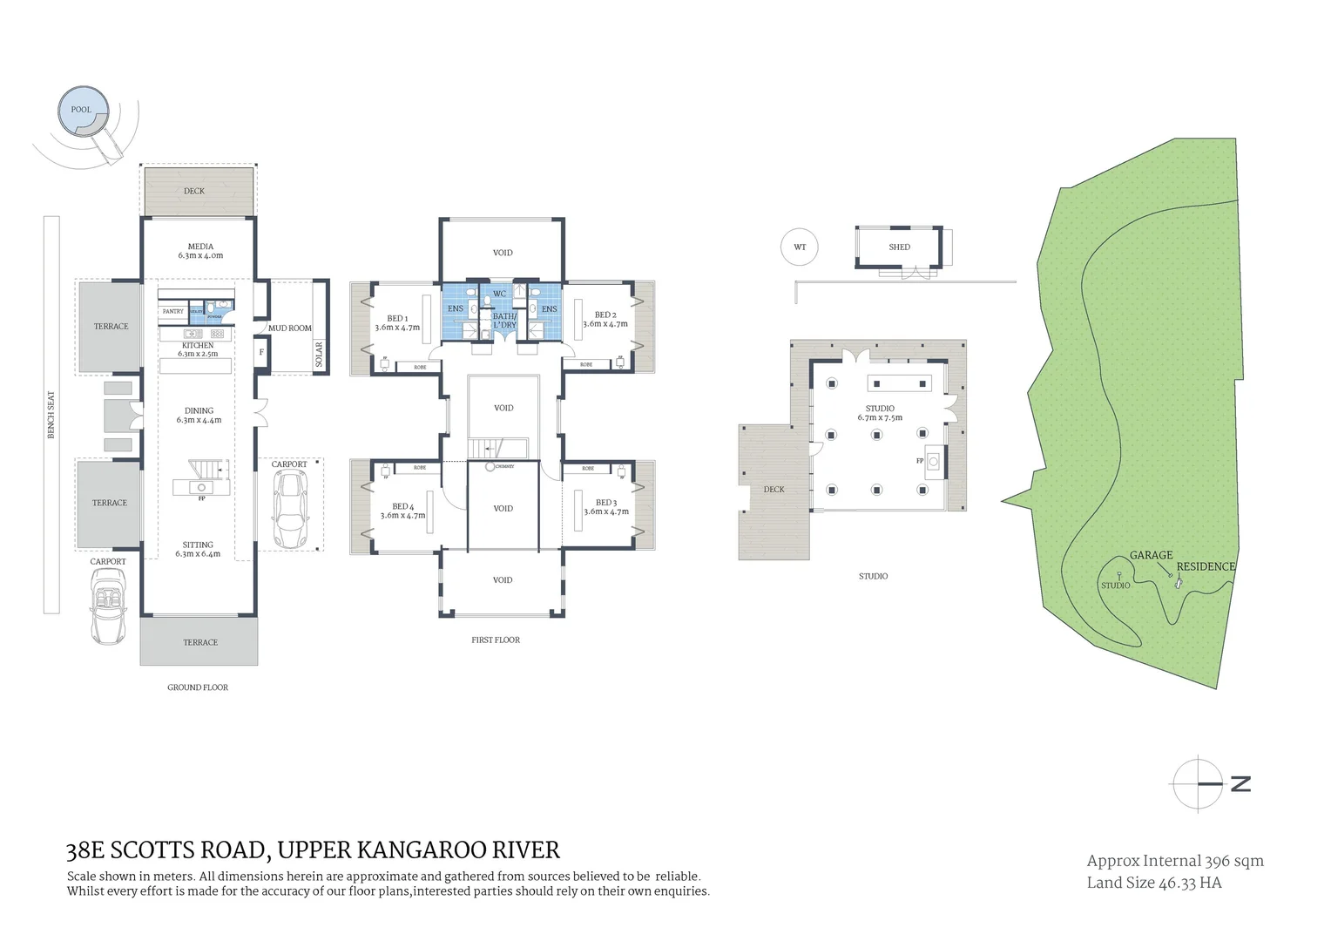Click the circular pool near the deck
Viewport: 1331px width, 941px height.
[x=83, y=111]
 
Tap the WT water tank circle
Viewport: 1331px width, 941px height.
[x=799, y=247]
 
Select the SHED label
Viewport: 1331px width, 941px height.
[x=899, y=247]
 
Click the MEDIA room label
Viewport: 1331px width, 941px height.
[x=200, y=247]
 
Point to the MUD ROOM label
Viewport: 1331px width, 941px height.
[x=289, y=328]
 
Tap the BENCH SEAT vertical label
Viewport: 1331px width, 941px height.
[x=51, y=414]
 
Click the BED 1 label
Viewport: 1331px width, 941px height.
[x=397, y=319]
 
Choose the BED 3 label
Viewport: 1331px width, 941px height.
[x=606, y=503]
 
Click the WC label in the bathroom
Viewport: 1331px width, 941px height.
[x=499, y=294]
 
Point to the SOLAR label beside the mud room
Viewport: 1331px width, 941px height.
[x=320, y=355]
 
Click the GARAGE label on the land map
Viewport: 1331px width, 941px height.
[x=1151, y=555]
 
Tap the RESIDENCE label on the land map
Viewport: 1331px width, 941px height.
[x=1206, y=566]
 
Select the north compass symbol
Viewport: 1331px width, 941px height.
[x=1200, y=783]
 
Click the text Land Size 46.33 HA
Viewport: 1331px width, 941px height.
[x=1153, y=883]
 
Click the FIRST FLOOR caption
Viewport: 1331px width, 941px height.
[x=496, y=640]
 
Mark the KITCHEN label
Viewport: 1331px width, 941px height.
[x=198, y=346]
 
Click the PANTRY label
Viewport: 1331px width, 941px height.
[x=173, y=311]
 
